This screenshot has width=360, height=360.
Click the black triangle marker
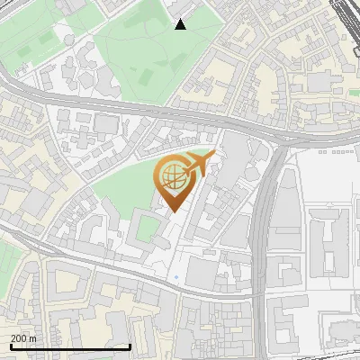pos(180,24)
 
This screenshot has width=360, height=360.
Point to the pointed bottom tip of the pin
pos(172,212)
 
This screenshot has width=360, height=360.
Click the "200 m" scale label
pos(24,338)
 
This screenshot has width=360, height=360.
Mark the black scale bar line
pos(70,346)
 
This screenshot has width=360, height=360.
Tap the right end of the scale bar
pos(130,346)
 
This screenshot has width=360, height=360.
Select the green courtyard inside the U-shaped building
pos(146,229)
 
